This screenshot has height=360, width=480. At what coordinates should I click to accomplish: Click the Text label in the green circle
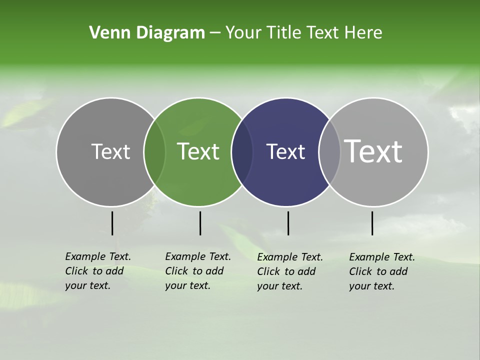pos(198,151)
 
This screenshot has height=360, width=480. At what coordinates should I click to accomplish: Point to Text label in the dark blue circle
pos(285,151)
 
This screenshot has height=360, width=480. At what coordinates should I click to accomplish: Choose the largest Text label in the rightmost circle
pos(373,151)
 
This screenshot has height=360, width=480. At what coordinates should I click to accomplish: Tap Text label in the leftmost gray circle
pos(110,151)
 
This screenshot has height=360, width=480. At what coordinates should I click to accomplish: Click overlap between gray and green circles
pos(154,152)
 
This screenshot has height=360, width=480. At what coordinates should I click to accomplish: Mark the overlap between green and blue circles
pos(242,152)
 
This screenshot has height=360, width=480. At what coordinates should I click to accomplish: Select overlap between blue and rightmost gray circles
pos(329,152)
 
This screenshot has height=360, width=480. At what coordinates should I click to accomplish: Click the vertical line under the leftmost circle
pos(112,223)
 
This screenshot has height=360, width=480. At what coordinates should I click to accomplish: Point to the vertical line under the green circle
pos(200,223)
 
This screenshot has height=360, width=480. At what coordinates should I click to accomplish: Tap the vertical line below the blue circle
pos(288,223)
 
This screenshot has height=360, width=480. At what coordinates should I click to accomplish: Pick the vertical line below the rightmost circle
pos(372,223)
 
